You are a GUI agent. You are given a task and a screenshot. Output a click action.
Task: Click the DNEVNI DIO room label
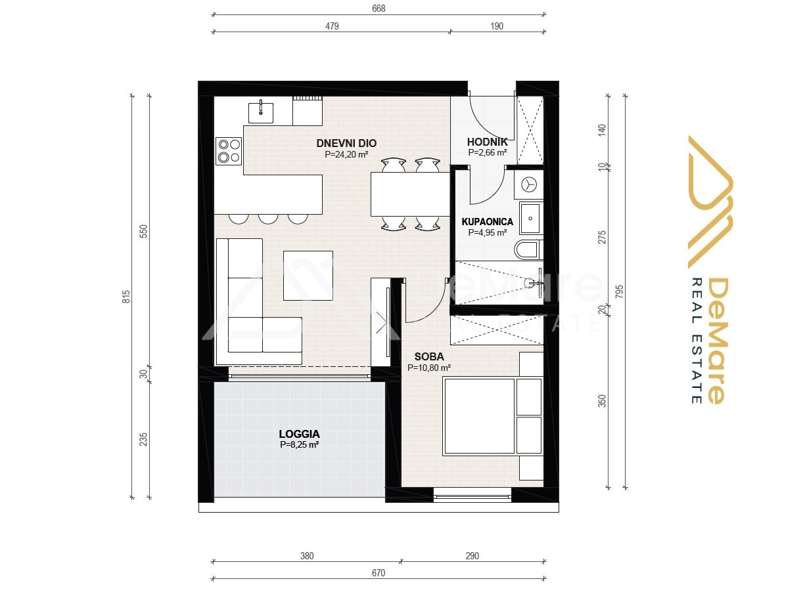pos(346,143)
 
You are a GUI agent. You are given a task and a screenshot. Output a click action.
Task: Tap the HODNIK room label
pos(487,142)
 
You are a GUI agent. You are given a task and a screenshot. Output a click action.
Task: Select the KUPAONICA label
pos(487,222)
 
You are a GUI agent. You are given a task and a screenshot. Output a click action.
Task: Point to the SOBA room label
pos(428,356)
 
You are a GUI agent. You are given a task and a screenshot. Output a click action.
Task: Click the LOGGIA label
pos(299,434)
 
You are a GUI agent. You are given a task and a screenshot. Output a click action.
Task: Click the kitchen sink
pos(261,113)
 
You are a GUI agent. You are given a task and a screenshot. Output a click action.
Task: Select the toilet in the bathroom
pos(528,250)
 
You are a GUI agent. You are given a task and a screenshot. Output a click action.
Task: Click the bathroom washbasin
pos(531,218)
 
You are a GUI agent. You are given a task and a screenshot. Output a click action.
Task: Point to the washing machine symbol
pos(528,185)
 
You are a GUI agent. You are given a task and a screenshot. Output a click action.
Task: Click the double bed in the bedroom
pos(492,417)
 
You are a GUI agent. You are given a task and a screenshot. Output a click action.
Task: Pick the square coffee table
pos(308,276)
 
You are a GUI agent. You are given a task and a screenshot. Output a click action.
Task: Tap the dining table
pos(410,194)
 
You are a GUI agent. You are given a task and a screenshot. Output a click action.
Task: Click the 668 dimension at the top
pos(379,9)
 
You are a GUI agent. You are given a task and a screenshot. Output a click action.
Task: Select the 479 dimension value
pos(333,26)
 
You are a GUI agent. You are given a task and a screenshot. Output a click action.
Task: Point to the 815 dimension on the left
pos(126,297)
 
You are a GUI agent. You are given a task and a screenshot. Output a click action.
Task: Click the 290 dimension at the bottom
pos(472,556)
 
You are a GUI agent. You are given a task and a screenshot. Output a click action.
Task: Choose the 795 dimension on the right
pos(619,291)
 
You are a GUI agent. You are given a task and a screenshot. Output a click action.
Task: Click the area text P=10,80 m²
pos(428,368)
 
